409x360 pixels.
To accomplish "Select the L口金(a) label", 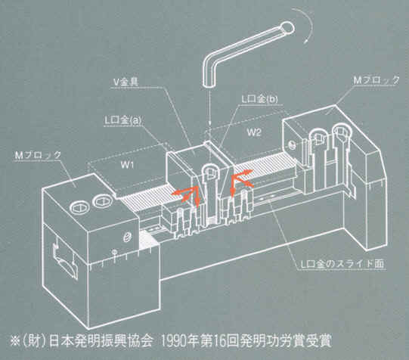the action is [123, 120].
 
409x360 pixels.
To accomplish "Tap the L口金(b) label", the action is [259, 99].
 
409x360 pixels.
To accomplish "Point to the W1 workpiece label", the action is [127, 165].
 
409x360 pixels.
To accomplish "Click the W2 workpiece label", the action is [254, 132].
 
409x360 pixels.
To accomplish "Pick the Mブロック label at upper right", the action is [376, 80].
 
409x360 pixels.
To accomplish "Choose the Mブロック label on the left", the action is [38, 155].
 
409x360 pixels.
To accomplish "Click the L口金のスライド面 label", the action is [342, 264].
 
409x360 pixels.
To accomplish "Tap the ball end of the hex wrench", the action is [287, 27].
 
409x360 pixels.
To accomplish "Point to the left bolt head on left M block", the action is [79, 208].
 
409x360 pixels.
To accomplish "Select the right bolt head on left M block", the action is [103, 201].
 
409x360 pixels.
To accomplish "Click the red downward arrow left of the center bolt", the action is [198, 197].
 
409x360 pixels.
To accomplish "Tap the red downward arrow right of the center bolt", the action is [232, 186].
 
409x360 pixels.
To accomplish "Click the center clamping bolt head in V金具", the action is [210, 171].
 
